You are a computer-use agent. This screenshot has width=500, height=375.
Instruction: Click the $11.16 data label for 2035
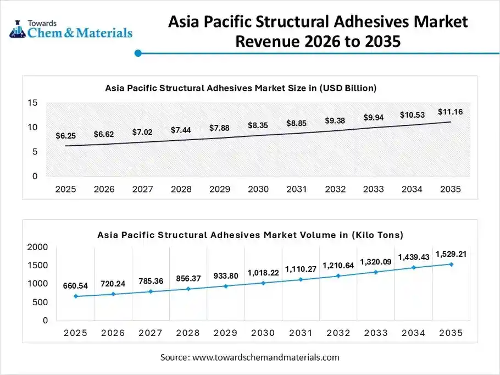[450, 112]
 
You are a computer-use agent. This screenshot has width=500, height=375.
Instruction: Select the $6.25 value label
[66, 135]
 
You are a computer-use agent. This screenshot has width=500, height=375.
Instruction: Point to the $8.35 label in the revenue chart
[258, 125]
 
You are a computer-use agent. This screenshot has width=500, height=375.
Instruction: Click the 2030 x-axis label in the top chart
[258, 189]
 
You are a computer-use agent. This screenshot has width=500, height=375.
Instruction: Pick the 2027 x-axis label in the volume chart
[151, 333]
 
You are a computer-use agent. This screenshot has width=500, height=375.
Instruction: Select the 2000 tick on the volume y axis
[37, 247]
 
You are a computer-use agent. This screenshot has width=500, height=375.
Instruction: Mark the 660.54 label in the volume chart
[75, 285]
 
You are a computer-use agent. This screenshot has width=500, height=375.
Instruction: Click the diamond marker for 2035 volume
[451, 264]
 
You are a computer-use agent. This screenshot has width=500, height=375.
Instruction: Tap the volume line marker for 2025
[75, 296]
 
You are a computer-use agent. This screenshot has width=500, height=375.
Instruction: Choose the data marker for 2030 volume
[263, 283]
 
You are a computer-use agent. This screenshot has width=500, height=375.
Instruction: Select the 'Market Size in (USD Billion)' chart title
[240, 87]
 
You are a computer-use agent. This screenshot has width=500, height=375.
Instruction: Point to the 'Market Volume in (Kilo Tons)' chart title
[250, 235]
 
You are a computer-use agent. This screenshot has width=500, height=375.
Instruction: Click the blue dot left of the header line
[138, 53]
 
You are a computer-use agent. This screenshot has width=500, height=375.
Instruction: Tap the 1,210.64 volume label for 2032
[338, 266]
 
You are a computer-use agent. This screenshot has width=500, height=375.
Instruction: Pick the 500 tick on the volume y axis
[40, 302]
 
